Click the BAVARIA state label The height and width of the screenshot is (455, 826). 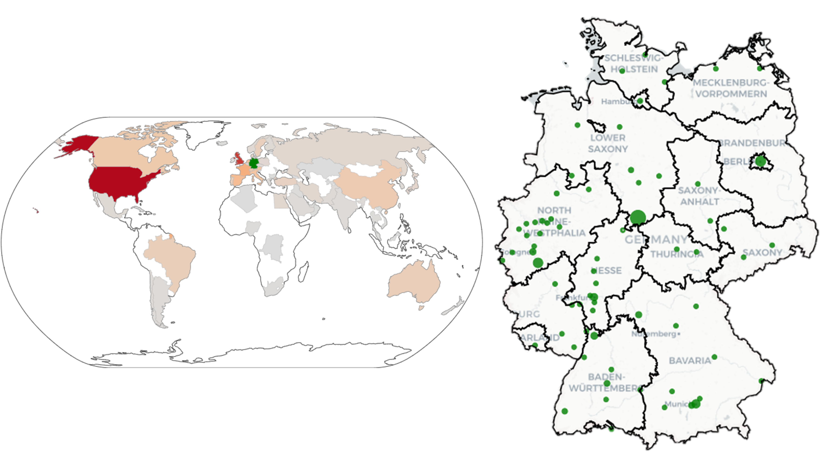click(690, 360)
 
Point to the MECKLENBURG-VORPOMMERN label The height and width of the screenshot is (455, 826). click(731, 88)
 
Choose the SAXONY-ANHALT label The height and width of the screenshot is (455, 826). click(699, 196)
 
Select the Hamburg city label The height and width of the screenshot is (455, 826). click(617, 102)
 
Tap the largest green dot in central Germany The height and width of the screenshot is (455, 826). click(637, 217)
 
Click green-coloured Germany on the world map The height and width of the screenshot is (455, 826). click(254, 163)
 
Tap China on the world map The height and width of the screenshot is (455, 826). click(369, 186)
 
